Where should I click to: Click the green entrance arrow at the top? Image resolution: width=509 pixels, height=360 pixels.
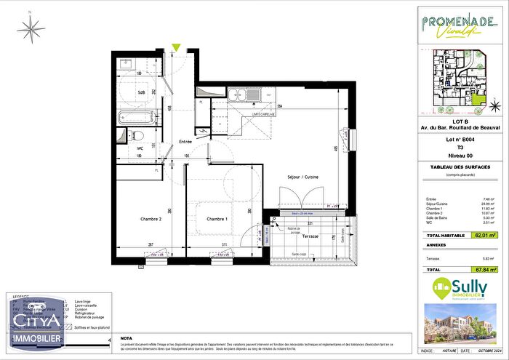pyautogui.click(x=175, y=49)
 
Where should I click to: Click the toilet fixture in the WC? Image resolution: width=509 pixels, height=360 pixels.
pyautogui.click(x=135, y=135)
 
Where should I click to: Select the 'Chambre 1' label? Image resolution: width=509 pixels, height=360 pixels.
pyautogui.click(x=217, y=219)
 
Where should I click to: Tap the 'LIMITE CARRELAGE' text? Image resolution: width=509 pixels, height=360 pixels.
pyautogui.click(x=267, y=115)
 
